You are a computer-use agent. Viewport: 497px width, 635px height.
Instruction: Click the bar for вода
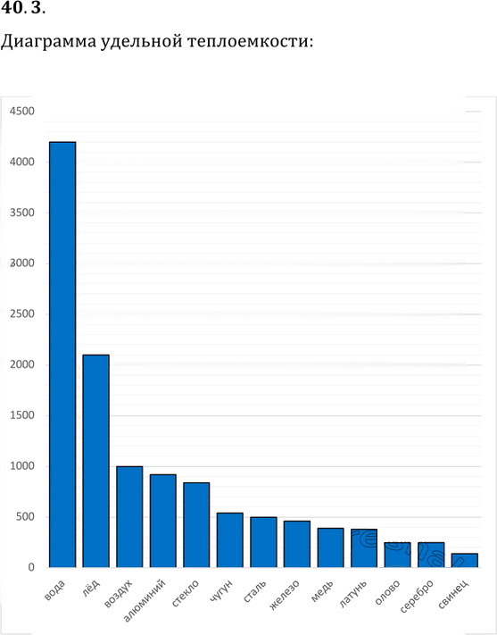click(62, 355)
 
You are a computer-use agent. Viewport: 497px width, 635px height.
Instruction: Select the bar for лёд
click(95, 461)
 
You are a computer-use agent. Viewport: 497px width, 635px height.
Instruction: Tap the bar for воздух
click(129, 517)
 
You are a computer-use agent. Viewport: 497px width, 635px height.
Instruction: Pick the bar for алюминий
click(163, 521)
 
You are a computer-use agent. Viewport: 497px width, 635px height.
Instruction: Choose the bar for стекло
click(196, 525)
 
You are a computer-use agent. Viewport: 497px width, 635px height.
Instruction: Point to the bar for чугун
click(230, 539)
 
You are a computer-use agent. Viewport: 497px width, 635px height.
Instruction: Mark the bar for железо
click(297, 544)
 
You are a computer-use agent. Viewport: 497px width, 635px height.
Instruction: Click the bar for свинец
click(465, 560)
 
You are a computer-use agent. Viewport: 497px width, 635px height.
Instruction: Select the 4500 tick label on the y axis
click(22, 111)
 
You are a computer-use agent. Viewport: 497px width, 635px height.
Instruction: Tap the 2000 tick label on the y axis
click(22, 364)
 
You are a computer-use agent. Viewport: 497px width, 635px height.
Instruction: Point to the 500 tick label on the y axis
click(26, 517)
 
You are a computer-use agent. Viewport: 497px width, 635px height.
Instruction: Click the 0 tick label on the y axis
click(31, 567)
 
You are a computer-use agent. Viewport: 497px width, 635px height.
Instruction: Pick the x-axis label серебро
click(417, 596)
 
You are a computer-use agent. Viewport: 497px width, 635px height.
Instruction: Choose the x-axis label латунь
click(352, 594)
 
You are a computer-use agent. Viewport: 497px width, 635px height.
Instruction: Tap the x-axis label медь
click(322, 590)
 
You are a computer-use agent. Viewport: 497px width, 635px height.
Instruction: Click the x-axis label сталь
click(255, 591)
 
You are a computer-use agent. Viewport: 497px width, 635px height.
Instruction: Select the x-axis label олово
click(387, 592)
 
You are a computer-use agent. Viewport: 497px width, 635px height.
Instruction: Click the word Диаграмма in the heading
click(48, 41)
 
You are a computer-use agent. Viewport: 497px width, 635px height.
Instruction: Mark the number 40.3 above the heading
click(22, 8)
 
